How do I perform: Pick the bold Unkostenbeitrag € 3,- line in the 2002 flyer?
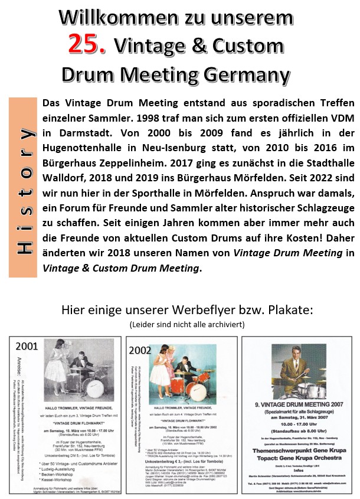pos(168,456)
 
